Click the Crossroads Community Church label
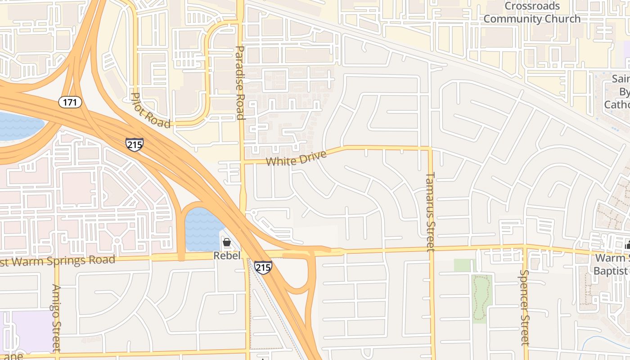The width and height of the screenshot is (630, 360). click(532, 13)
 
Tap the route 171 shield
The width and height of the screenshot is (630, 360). click(70, 102)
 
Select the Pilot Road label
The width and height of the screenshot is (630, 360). click(150, 110)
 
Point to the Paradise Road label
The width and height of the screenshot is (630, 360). click(240, 82)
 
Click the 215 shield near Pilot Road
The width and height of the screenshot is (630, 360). click(135, 144)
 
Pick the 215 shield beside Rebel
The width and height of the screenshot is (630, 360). click(263, 267)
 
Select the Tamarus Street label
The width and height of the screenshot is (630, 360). click(430, 211)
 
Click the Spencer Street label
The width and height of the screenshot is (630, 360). click(524, 307)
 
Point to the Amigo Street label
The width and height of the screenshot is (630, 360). click(56, 318)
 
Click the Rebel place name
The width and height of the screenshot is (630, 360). click(227, 256)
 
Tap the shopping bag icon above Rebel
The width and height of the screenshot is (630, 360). click(227, 243)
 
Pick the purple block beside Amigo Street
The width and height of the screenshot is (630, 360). click(31, 331)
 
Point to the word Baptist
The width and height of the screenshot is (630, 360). click(610, 271)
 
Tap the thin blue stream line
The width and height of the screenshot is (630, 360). click(603, 340)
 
